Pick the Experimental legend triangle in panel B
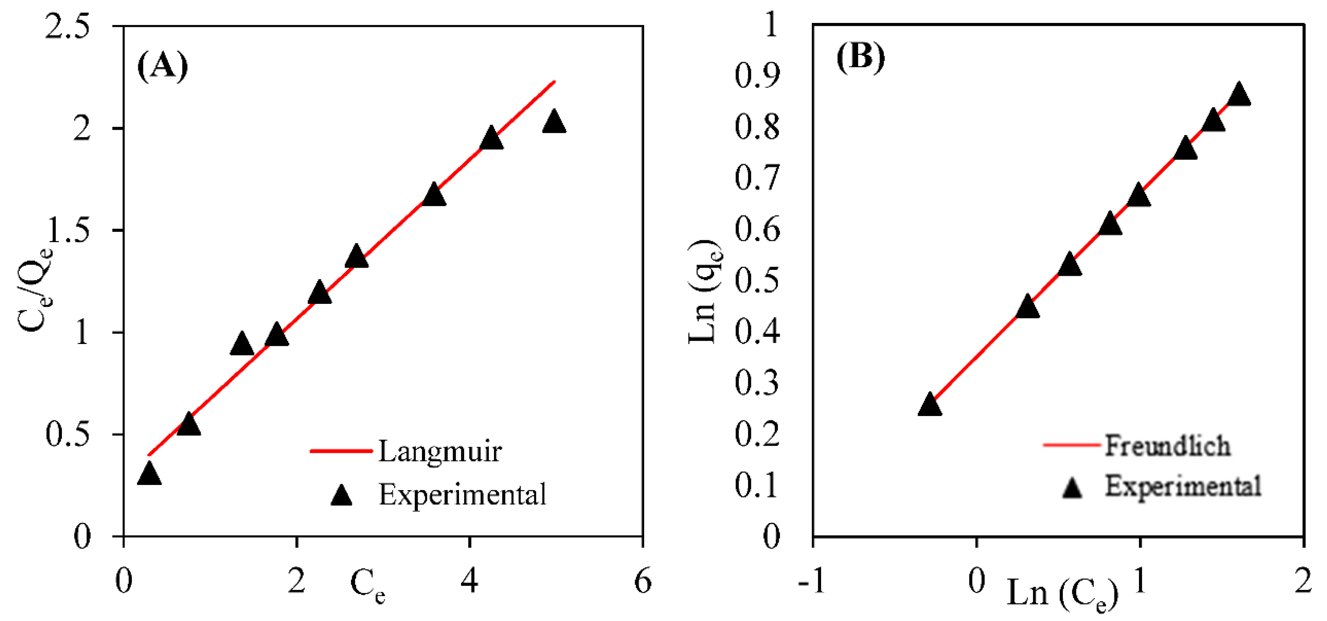(x=1072, y=487)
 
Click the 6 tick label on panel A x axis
(x=643, y=581)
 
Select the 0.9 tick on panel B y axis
(x=756, y=76)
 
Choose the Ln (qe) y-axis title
(x=704, y=291)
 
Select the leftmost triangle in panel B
(x=930, y=404)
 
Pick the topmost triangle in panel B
(x=1239, y=95)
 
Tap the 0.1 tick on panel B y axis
(x=756, y=485)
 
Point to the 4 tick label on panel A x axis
(x=469, y=581)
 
